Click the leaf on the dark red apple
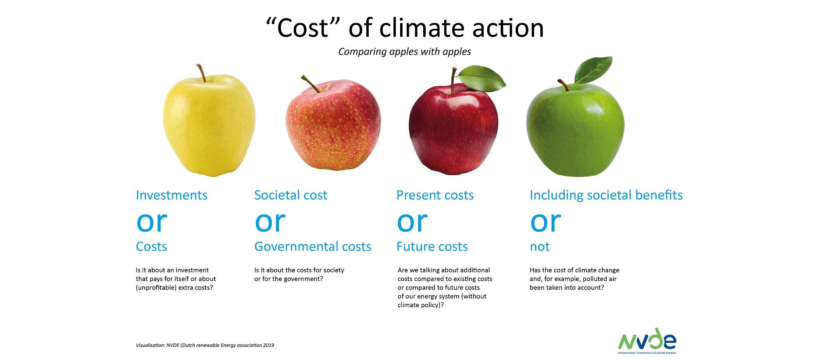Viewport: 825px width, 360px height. tap(481, 78)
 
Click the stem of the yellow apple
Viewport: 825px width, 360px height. tap(201, 73)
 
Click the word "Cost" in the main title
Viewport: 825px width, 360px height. tap(303, 28)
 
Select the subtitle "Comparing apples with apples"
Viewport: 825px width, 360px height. tap(405, 52)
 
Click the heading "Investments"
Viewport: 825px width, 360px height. tap(172, 195)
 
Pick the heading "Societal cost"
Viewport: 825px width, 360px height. tap(291, 195)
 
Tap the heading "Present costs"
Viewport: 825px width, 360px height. tap(435, 195)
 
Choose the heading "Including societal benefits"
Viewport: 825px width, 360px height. tap(606, 195)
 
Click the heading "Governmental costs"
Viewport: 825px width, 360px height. tap(313, 247)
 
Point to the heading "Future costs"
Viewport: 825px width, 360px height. tap(432, 247)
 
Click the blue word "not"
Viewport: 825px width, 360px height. tap(540, 247)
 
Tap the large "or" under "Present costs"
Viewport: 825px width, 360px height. tap(412, 223)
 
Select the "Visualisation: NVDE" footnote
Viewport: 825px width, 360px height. tap(205, 345)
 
